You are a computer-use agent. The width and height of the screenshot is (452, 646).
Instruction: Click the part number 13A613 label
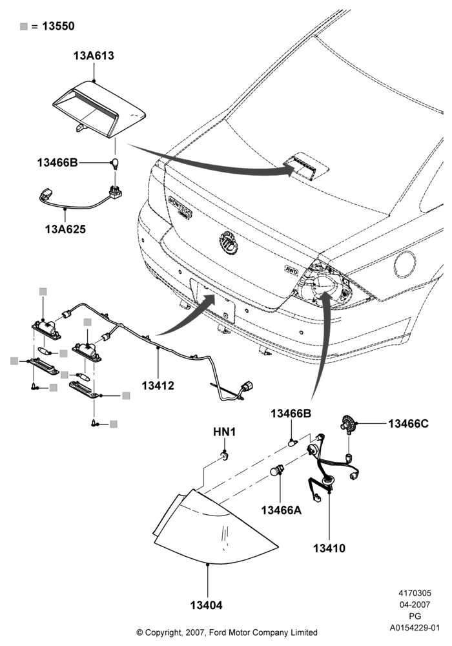tap(94, 56)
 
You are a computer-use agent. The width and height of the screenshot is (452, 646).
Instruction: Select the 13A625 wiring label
tap(65, 229)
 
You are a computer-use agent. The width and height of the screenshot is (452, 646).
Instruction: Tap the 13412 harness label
tap(158, 386)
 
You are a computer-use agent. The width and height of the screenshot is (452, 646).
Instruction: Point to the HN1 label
tap(224, 432)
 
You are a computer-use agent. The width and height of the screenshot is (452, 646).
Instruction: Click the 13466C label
tap(408, 424)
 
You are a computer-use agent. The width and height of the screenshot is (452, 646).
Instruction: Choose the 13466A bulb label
tap(281, 510)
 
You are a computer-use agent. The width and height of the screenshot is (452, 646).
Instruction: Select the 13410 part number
tap(329, 548)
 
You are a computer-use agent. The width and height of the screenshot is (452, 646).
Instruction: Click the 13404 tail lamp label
tap(206, 605)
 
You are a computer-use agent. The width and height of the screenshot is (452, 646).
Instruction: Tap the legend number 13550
tap(59, 26)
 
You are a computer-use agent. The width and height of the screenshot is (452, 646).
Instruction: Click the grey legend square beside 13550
tap(24, 26)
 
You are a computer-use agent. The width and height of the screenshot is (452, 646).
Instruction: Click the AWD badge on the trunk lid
tap(291, 268)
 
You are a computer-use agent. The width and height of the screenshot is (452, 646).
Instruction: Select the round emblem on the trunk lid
tap(228, 244)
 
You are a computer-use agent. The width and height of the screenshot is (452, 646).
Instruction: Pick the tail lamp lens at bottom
tap(214, 526)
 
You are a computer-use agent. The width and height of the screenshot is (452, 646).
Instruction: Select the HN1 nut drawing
tap(225, 455)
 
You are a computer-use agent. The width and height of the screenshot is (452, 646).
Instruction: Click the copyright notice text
tap(227, 632)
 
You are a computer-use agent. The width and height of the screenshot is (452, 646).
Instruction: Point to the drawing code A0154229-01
tap(415, 628)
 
